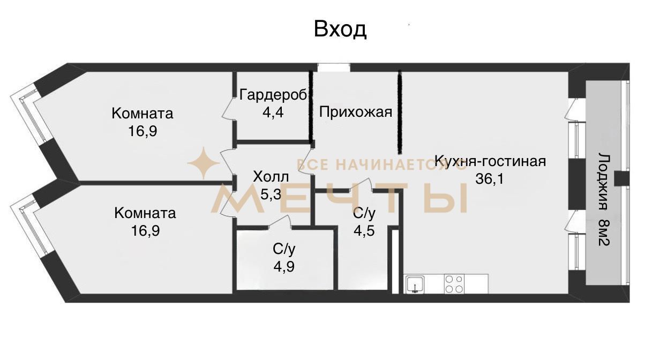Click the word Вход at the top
tap(340, 29)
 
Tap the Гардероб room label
tap(273, 95)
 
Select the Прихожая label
tap(356, 112)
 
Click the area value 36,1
tap(489, 178)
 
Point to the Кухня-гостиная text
tap(490, 161)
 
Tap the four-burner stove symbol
tap(454, 284)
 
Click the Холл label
tap(271, 177)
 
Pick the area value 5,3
tap(271, 194)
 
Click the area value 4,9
tap(284, 266)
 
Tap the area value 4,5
tap(364, 231)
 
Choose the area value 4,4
tap(273, 112)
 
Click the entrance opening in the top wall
tap(334, 67)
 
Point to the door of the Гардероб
tap(228, 108)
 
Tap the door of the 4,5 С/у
tap(361, 185)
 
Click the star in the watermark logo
tap(204, 163)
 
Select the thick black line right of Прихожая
tap(400, 112)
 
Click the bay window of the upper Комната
tap(28, 118)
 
